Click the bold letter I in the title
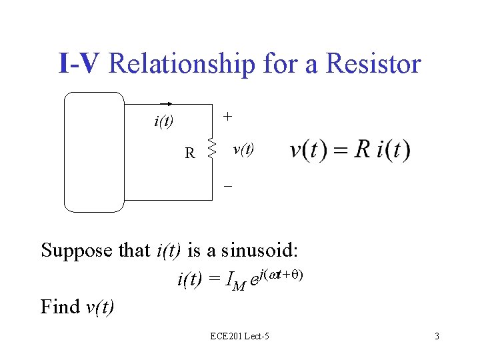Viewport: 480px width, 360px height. click(x=63, y=64)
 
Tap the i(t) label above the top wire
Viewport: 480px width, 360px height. click(x=163, y=121)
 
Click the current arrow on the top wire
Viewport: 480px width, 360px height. click(x=167, y=104)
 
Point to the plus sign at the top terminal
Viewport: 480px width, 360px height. click(x=228, y=116)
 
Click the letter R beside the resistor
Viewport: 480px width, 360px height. click(x=190, y=153)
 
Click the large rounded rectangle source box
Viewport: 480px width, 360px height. click(x=94, y=151)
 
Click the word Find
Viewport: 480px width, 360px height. click(x=61, y=306)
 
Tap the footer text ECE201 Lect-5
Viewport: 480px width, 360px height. click(x=239, y=336)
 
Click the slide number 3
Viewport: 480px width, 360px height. click(x=437, y=336)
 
